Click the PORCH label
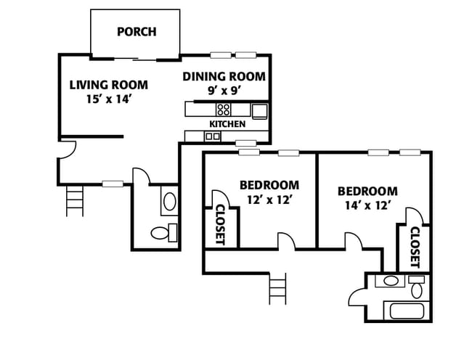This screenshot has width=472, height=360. [137, 32]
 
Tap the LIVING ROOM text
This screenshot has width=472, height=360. [109, 85]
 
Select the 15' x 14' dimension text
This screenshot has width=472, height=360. [108, 99]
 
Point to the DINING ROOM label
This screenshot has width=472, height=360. [224, 76]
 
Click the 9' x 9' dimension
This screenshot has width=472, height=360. [225, 90]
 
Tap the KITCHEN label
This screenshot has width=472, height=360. [227, 124]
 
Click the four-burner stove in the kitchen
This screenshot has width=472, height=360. [224, 110]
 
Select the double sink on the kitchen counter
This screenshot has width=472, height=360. [213, 136]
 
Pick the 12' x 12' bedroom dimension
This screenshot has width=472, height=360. [269, 200]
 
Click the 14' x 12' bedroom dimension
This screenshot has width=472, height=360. [367, 205]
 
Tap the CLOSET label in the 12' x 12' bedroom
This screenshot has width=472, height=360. [221, 225]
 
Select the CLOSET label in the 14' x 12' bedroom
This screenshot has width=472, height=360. [415, 247]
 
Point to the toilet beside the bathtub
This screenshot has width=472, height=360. [417, 287]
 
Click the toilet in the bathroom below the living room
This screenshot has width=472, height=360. [164, 233]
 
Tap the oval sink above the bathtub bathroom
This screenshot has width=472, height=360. [391, 281]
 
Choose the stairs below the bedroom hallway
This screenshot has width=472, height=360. [277, 288]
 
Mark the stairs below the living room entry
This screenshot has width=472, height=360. [75, 200]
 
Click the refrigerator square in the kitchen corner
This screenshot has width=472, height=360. [259, 111]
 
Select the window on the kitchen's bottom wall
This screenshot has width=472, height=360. [245, 143]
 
